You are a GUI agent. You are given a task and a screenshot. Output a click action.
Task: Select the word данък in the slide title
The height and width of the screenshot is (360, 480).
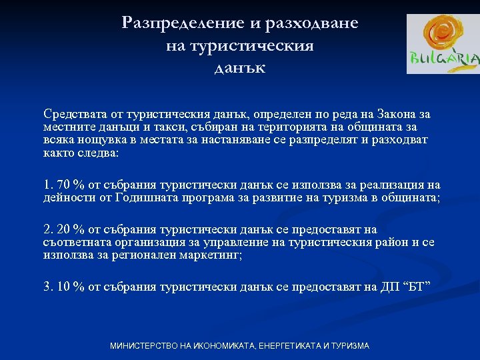pyautogui.click(x=240, y=67)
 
